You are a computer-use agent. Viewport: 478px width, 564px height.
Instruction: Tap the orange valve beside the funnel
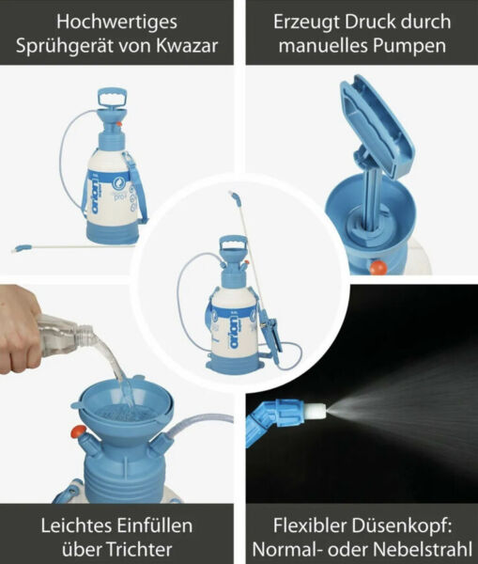(x=77, y=432)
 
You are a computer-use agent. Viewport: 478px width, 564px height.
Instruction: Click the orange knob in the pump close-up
(x=378, y=267)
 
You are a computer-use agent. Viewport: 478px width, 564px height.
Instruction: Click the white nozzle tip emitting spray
(x=316, y=411)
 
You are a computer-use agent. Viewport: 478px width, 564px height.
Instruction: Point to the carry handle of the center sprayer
(x=232, y=249)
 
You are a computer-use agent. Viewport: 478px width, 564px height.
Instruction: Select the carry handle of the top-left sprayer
(x=112, y=99)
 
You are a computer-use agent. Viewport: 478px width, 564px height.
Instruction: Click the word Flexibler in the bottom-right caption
(x=315, y=523)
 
